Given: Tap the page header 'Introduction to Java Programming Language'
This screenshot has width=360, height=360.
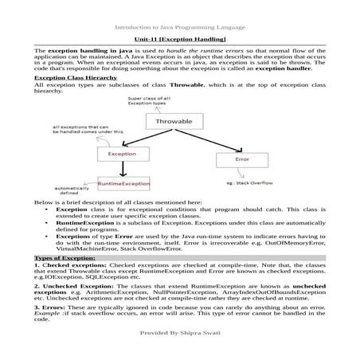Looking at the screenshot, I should [x=180, y=26].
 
